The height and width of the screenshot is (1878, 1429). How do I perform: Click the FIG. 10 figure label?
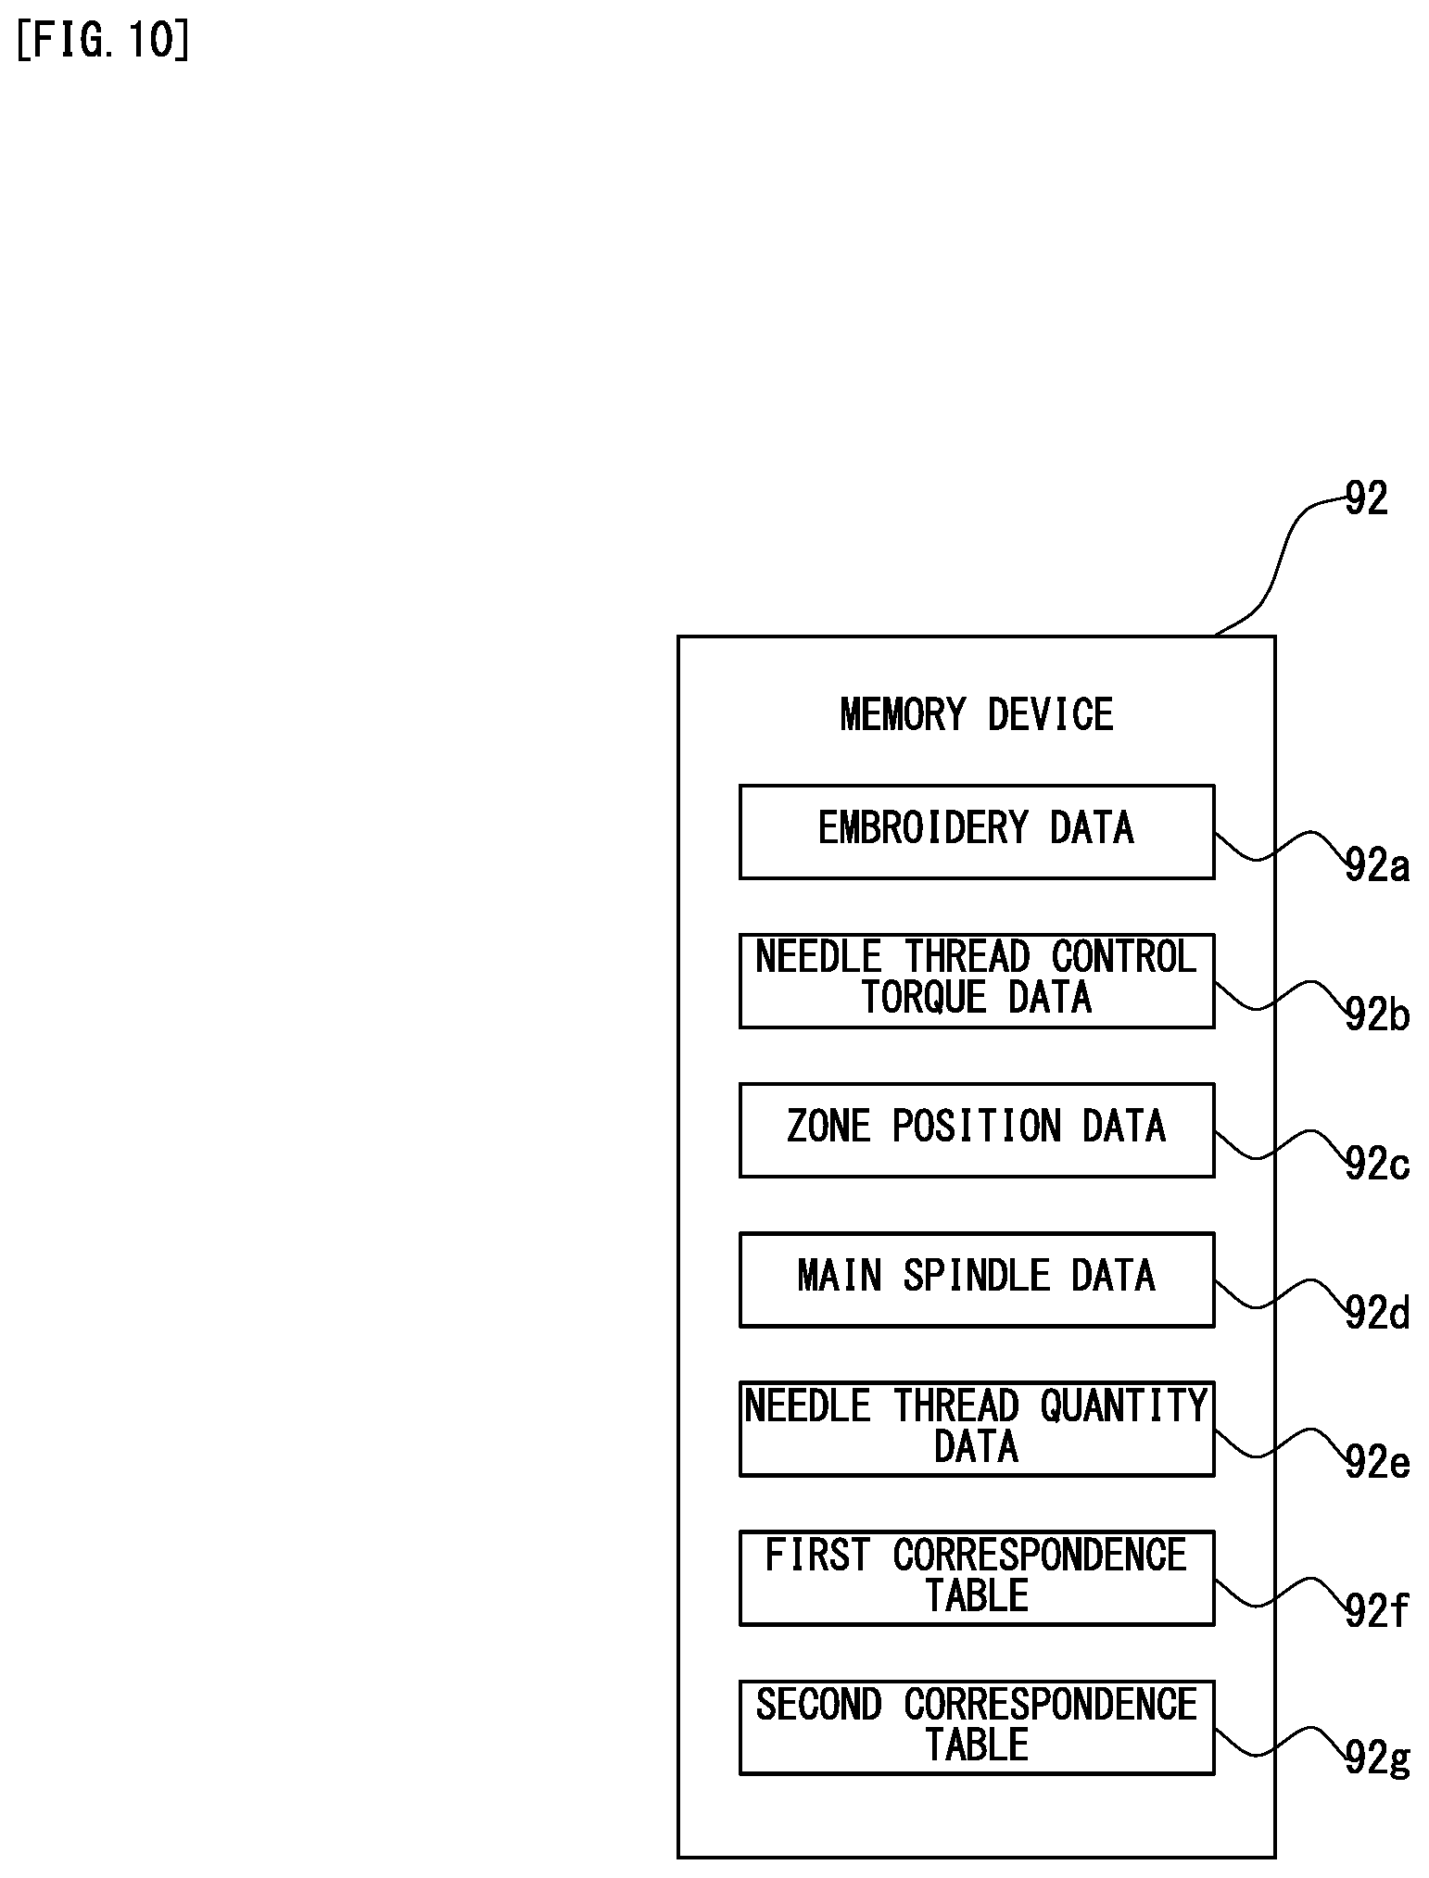[x=103, y=42]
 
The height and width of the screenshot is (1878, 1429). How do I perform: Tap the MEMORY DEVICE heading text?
[x=977, y=715]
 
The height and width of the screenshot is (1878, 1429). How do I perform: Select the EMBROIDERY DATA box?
[x=977, y=832]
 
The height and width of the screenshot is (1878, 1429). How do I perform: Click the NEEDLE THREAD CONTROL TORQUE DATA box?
[x=977, y=981]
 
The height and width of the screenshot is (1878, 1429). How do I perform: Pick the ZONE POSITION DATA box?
[x=977, y=1130]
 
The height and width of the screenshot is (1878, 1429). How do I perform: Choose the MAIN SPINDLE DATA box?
[x=977, y=1279]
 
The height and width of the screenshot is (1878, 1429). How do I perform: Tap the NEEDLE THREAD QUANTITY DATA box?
[x=977, y=1429]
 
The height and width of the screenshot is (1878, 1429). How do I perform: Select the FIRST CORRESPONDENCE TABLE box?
[x=977, y=1578]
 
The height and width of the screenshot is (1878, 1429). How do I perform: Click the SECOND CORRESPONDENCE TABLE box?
[x=977, y=1727]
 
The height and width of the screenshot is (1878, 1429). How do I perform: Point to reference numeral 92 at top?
[x=1366, y=499]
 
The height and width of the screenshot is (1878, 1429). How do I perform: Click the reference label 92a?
[x=1377, y=866]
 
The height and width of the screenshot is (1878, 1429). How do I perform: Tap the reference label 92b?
[x=1377, y=1015]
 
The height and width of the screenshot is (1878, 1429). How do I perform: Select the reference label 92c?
[x=1377, y=1165]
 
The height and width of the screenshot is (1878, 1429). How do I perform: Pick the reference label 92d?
[x=1377, y=1314]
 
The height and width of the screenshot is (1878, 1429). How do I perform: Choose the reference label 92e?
[x=1377, y=1463]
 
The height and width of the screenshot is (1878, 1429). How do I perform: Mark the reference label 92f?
[x=1377, y=1612]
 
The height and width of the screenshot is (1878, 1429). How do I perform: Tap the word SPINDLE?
[x=977, y=1276]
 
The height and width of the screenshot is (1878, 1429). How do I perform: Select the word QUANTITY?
[x=1124, y=1406]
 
